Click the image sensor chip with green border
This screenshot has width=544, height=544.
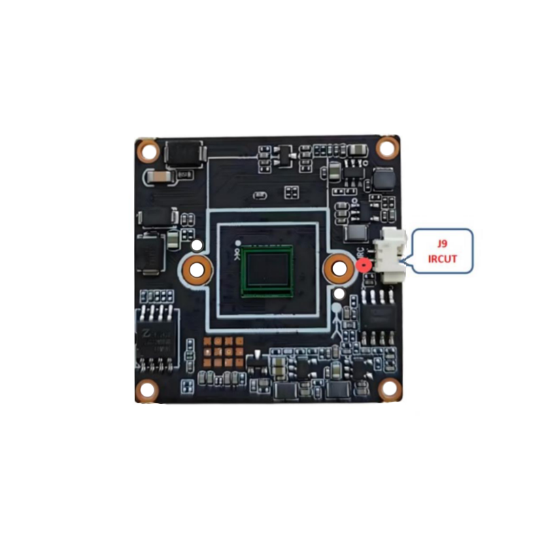coord(268,271)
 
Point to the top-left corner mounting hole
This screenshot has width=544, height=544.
coord(147,150)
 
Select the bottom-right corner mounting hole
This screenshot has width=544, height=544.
coord(388,389)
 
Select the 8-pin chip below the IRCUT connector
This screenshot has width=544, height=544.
coord(379,316)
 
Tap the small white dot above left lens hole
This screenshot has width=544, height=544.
coord(197,243)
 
